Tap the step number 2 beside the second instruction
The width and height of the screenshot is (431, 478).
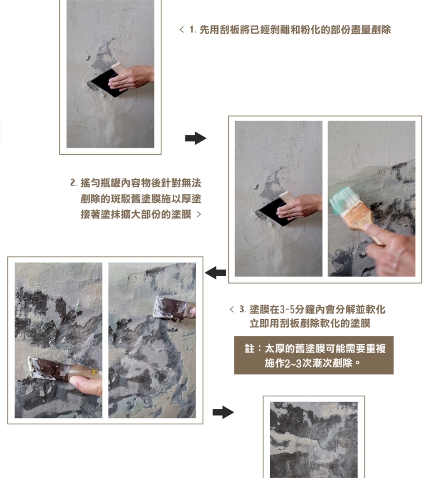[73, 183]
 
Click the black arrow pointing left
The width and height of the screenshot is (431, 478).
[215, 273]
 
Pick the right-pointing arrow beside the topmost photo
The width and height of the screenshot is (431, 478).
[196, 138]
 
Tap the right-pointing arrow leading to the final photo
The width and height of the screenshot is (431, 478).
[223, 413]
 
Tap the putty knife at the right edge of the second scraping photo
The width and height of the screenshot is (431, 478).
[174, 308]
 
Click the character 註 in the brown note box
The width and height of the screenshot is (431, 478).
[249, 348]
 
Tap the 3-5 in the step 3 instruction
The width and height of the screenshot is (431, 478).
[287, 309]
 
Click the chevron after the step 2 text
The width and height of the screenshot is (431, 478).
[199, 214]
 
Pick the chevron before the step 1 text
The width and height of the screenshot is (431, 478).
[182, 30]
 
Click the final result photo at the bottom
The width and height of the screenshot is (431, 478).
[314, 439]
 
